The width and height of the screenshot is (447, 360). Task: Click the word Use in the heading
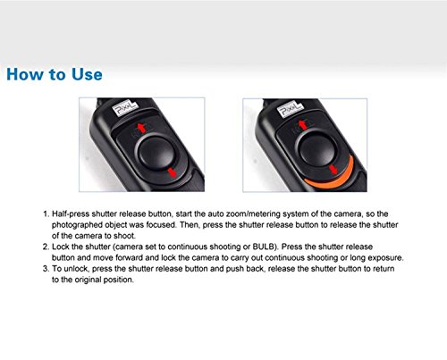pyautogui.click(x=87, y=74)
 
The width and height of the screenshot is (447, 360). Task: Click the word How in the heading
pyautogui.click(x=24, y=74)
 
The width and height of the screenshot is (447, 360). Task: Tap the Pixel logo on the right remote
pyautogui.click(x=290, y=109)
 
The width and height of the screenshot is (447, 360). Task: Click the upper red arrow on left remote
pyautogui.click(x=142, y=127)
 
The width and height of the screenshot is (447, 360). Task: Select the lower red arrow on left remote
pyautogui.click(x=173, y=172)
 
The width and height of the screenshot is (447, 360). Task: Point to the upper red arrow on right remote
pyautogui.click(x=303, y=124)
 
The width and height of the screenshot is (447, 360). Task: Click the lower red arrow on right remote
pyautogui.click(x=333, y=170)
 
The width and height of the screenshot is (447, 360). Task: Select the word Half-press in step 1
pyautogui.click(x=71, y=214)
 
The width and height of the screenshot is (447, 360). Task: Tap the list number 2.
pyautogui.click(x=46, y=247)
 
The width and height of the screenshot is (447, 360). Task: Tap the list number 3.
pyautogui.click(x=46, y=269)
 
